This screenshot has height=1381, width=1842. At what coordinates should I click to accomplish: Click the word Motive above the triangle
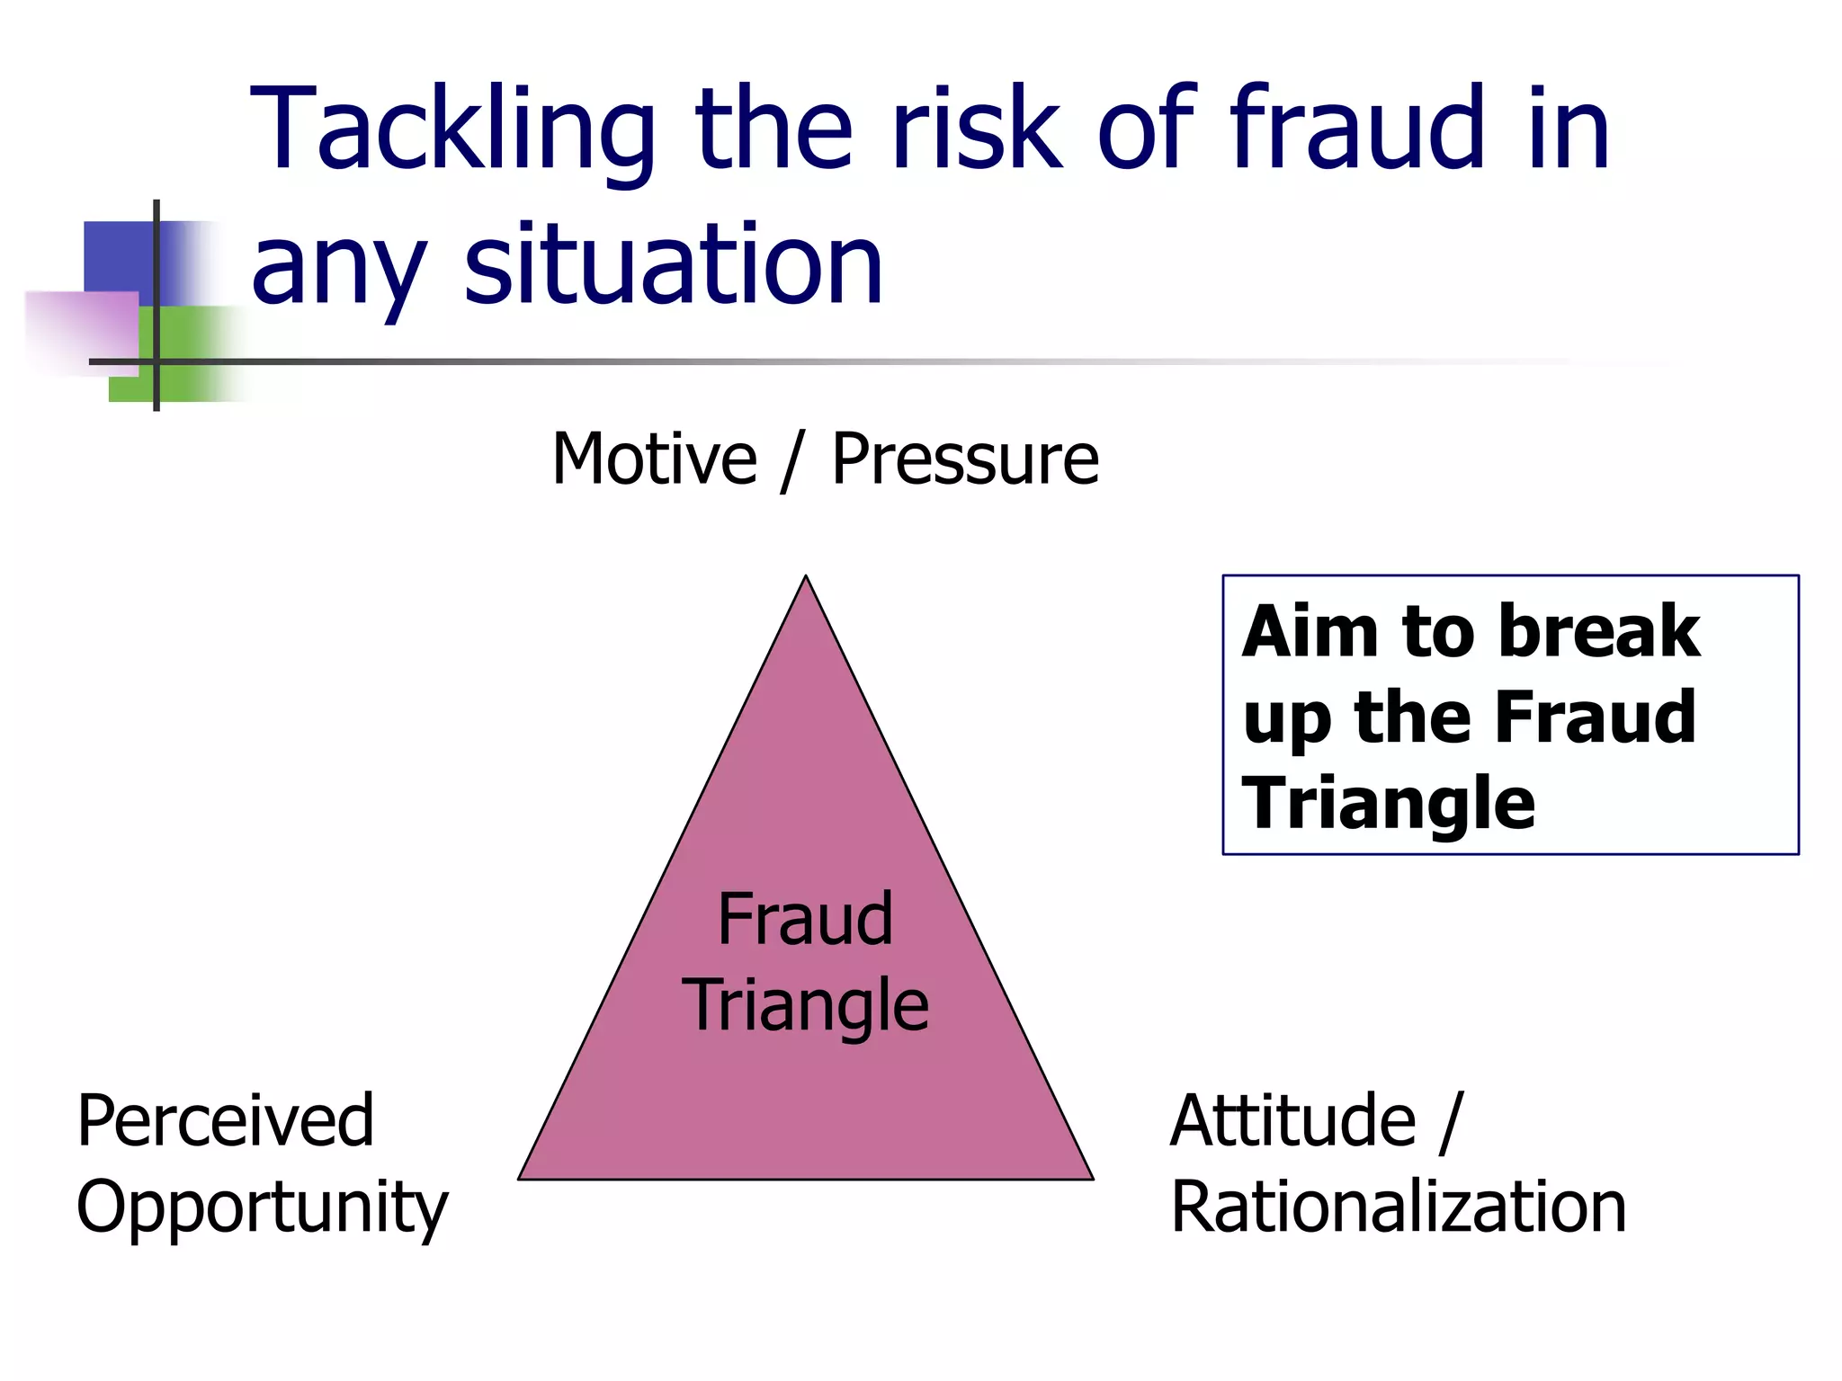pos(654,459)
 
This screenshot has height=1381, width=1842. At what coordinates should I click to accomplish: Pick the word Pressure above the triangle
pos(964,459)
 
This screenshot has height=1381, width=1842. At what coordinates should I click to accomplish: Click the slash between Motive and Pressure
pos(791,461)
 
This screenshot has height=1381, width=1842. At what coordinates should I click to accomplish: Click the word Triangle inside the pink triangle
pos(805,1005)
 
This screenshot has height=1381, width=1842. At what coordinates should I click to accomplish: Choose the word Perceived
pos(225,1120)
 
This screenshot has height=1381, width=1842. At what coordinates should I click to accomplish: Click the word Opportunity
pos(262,1207)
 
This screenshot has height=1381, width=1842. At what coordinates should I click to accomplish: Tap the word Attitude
pos(1293,1120)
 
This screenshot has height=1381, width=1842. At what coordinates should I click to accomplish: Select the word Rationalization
pos(1399,1207)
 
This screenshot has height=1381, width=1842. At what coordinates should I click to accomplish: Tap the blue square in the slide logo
pos(118,255)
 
